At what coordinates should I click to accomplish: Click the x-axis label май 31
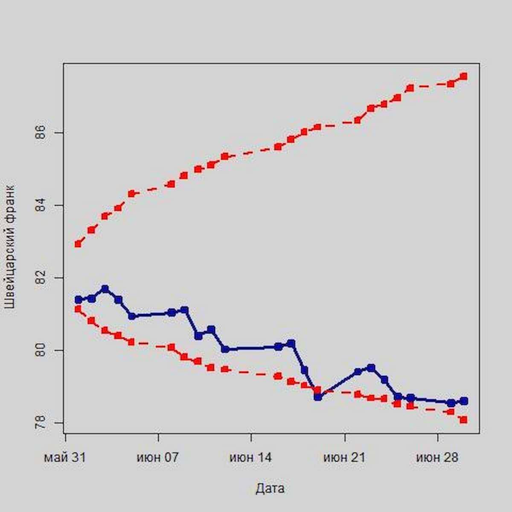click(65, 458)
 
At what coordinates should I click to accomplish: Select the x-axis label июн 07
click(158, 458)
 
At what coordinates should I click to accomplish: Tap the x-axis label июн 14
click(250, 458)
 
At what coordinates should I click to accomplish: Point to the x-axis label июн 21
click(344, 458)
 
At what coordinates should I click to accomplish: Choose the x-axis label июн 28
click(437, 458)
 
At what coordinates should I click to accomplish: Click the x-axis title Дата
click(270, 489)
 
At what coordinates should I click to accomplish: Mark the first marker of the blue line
click(79, 300)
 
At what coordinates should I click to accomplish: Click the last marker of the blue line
click(464, 401)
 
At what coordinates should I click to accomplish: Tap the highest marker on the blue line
click(105, 289)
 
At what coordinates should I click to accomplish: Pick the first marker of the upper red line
click(78, 244)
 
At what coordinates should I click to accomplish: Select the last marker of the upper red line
click(464, 76)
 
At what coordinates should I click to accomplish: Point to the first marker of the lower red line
click(78, 309)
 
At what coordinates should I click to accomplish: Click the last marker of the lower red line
click(464, 420)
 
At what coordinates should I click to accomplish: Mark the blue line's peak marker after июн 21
click(371, 368)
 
